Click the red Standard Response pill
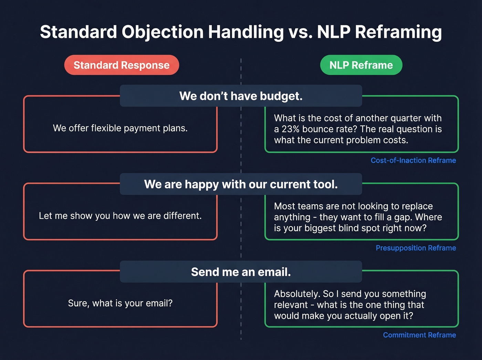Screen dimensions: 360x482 (122, 65)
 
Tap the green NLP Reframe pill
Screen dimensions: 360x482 (361, 65)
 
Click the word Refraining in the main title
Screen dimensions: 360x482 (398, 32)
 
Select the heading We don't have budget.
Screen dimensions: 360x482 (241, 96)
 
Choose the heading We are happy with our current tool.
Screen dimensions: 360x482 (241, 184)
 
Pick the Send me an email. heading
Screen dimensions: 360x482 (241, 272)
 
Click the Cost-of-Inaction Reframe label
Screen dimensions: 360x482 (413, 160)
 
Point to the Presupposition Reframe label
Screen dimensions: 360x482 (416, 248)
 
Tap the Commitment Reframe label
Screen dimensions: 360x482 (419, 335)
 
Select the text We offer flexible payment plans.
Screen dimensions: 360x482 (120, 128)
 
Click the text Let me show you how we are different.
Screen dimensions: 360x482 (120, 216)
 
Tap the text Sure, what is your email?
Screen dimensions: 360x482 (120, 303)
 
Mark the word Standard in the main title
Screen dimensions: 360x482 (78, 32)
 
